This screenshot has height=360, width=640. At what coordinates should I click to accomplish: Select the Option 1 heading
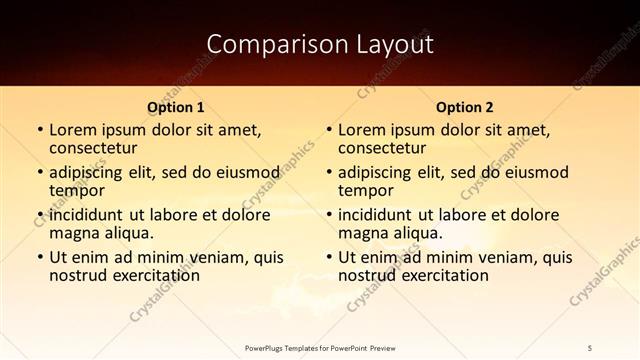click(x=176, y=107)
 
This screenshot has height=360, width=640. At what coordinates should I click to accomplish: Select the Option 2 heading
click(x=465, y=107)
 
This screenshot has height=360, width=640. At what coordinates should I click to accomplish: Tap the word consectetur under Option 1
click(x=93, y=148)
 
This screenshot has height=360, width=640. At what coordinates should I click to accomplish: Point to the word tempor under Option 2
click(x=367, y=190)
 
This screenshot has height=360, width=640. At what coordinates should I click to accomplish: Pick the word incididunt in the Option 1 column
click(x=93, y=214)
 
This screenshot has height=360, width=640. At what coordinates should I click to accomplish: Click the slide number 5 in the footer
click(x=590, y=347)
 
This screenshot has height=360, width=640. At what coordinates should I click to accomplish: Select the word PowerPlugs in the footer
click(x=267, y=347)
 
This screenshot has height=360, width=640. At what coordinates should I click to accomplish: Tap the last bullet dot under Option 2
click(x=328, y=257)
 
